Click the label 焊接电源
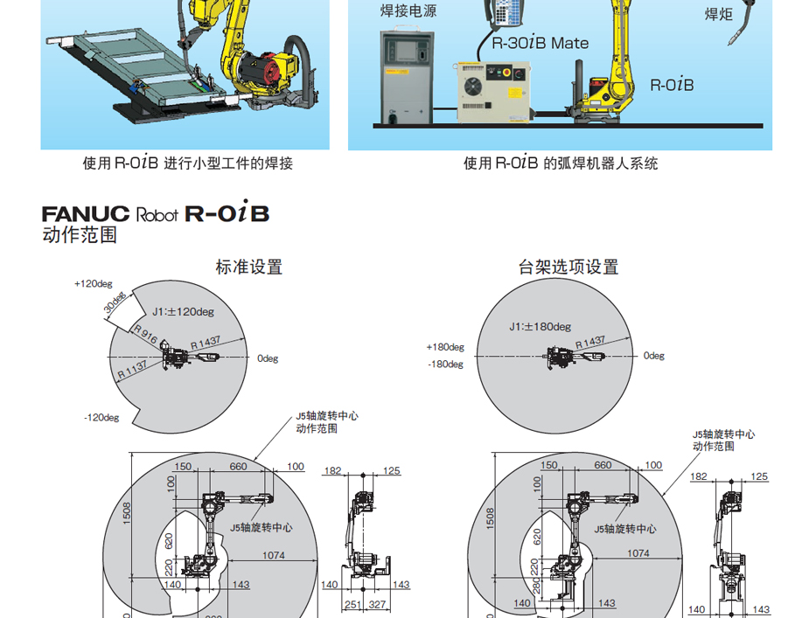(x=408, y=11)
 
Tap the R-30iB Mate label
(x=540, y=43)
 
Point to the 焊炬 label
(x=718, y=14)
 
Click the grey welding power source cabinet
(x=406, y=76)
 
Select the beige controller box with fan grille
(x=492, y=92)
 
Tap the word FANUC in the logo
(x=86, y=214)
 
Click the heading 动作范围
(x=80, y=235)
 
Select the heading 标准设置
(x=249, y=267)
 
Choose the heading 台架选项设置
(x=568, y=267)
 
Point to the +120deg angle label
(x=94, y=284)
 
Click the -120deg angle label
(x=101, y=418)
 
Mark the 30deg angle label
(x=115, y=305)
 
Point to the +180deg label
(x=445, y=347)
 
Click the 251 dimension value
(x=353, y=605)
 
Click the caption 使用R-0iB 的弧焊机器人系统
(x=561, y=163)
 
